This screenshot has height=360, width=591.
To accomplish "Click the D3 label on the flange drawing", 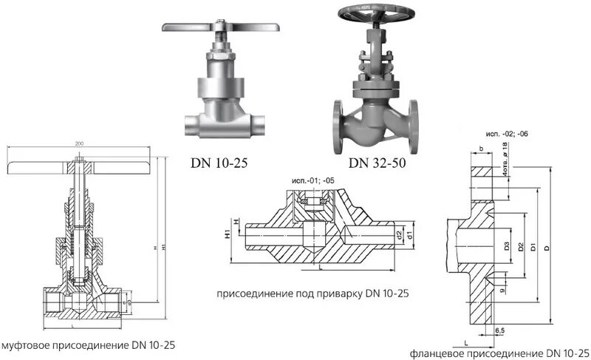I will (506, 245).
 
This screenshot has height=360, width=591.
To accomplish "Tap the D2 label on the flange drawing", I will (521, 245).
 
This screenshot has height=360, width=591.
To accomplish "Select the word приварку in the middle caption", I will (333, 293).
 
